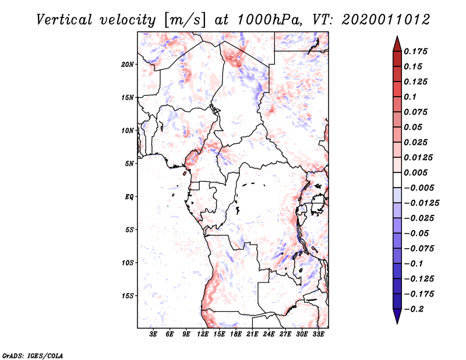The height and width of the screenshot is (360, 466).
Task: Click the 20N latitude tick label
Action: [128, 64]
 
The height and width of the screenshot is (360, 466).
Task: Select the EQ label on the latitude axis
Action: [129, 197]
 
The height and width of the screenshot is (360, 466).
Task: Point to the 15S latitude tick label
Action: [128, 296]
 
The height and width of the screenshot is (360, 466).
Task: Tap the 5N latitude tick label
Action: [129, 164]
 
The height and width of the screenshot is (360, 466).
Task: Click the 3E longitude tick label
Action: [154, 334]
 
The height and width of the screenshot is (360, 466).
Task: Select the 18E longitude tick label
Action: [235, 334]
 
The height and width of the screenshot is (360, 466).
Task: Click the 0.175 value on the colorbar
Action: [417, 51]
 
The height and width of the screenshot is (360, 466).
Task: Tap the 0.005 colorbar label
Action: [417, 172]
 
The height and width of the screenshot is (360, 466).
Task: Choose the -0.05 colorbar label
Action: [419, 233]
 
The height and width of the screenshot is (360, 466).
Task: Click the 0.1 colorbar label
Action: [412, 97]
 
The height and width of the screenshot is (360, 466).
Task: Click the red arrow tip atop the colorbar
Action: [397, 41]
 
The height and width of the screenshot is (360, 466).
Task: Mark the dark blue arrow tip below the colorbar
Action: [397, 318]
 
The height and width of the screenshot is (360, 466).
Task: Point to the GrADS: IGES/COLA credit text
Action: [33, 355]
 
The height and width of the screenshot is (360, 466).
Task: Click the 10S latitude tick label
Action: [128, 263]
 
